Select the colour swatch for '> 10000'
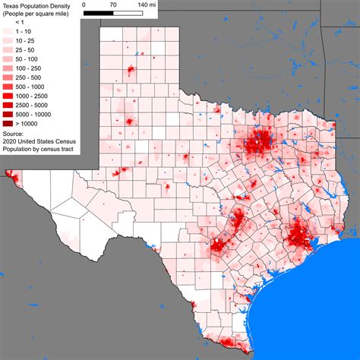coord(10,123)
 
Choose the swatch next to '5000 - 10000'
coord(10,114)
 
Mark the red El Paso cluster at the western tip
coord(9,175)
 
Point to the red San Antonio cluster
coord(220,246)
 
